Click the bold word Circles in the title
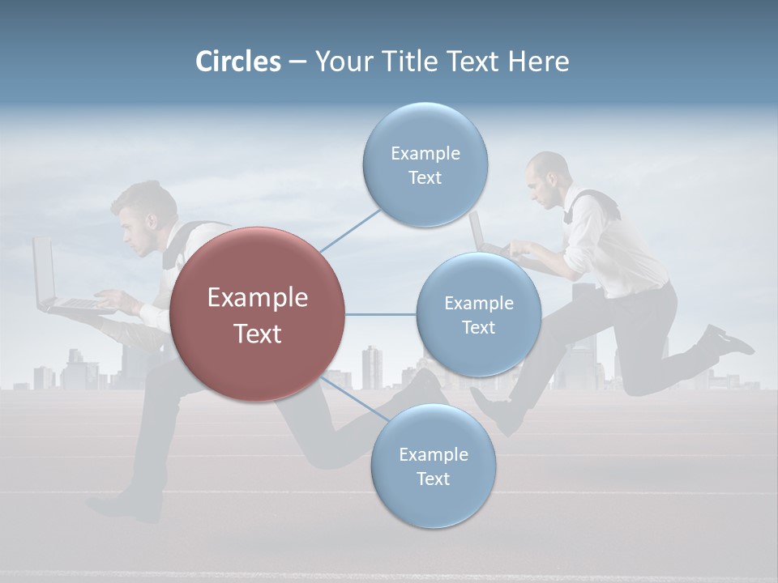(238, 62)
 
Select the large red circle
(257, 315)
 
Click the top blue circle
(425, 164)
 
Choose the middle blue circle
(478, 315)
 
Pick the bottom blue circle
(433, 466)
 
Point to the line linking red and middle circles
(380, 314)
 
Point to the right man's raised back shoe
(725, 340)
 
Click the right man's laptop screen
(476, 231)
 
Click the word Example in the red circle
(257, 297)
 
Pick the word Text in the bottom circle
(433, 479)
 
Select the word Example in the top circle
(425, 153)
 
